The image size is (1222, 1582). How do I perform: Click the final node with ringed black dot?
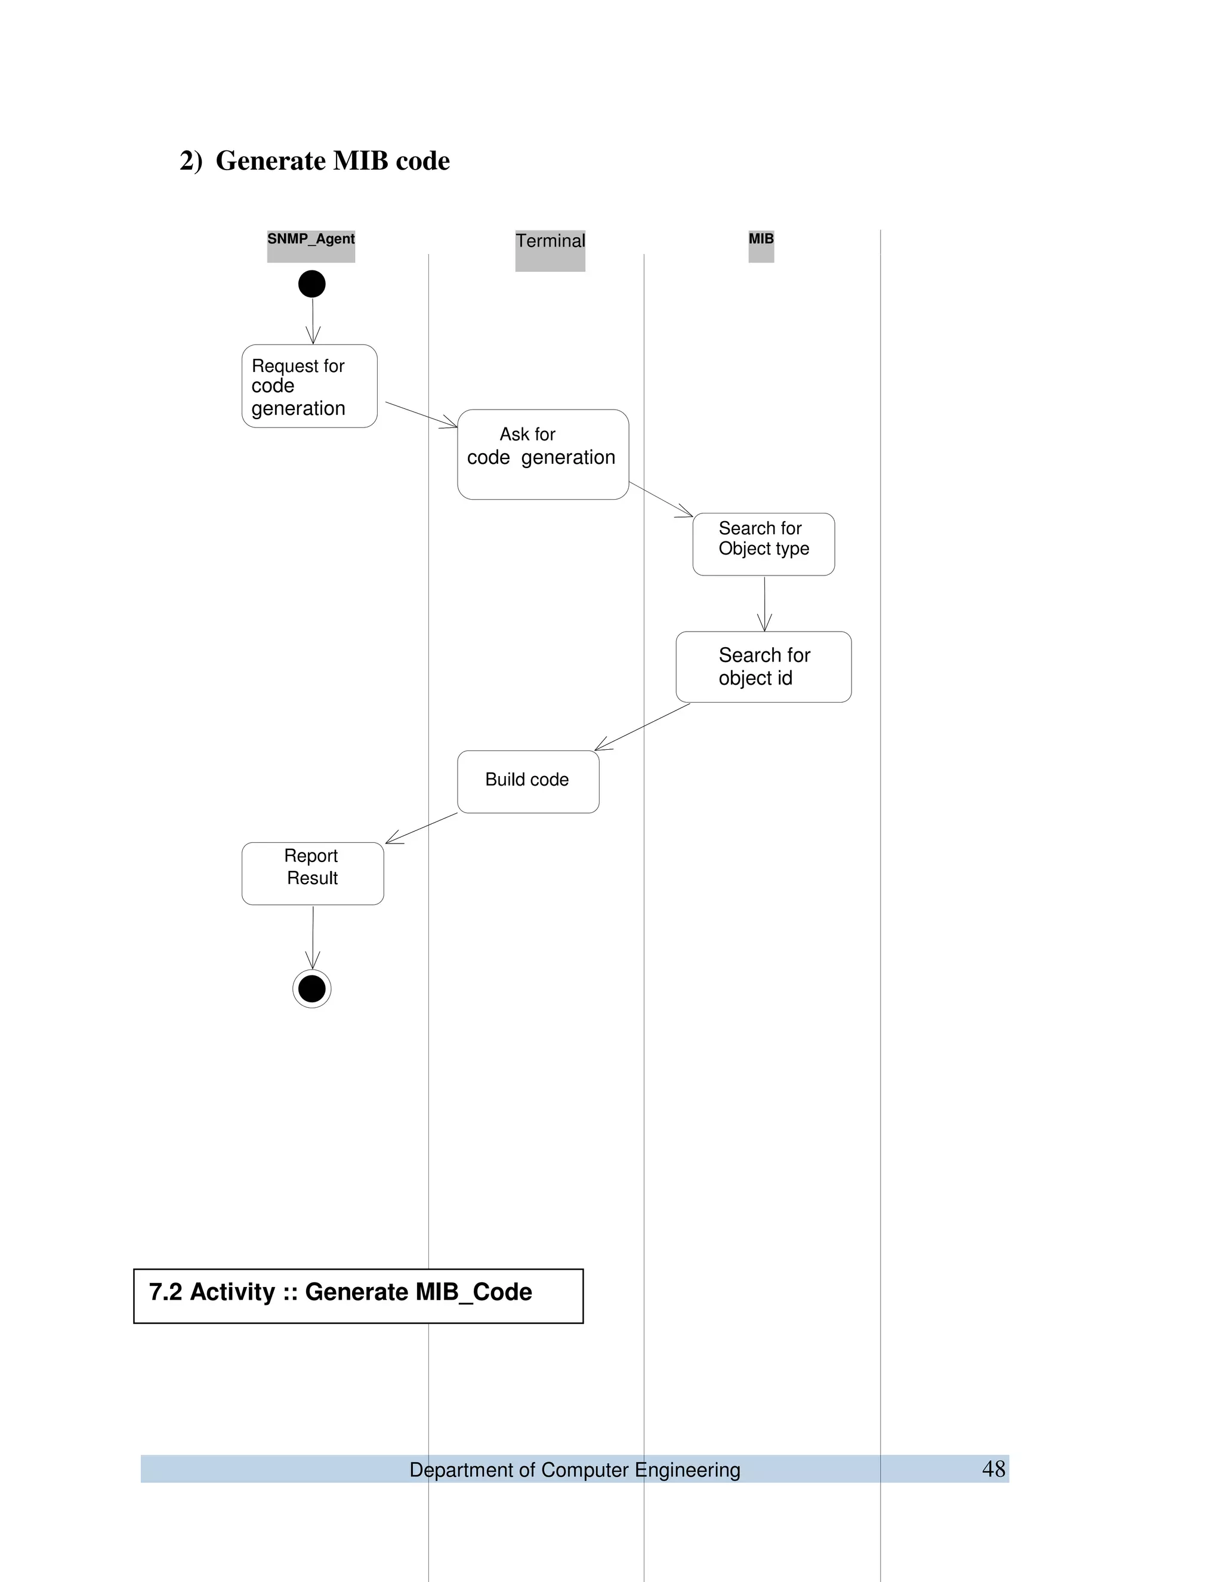pyautogui.click(x=312, y=988)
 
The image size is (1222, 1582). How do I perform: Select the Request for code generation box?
pyautogui.click(x=309, y=386)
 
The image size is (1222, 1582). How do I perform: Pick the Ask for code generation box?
pyautogui.click(x=543, y=454)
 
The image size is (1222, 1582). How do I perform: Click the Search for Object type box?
pyautogui.click(x=763, y=544)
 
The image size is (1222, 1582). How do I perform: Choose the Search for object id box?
pyautogui.click(x=763, y=666)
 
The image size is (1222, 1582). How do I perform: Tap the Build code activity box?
pyautogui.click(x=527, y=781)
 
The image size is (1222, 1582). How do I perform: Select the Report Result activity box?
pyautogui.click(x=312, y=873)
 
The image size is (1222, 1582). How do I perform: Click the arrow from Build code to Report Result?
pyautogui.click(x=421, y=828)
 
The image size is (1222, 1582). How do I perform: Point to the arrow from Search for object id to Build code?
pyautogui.click(x=642, y=727)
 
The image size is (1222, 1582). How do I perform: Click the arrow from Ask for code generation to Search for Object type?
pyautogui.click(x=661, y=498)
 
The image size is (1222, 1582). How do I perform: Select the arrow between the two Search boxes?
pyautogui.click(x=764, y=604)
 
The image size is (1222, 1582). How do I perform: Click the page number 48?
pyautogui.click(x=993, y=1469)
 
